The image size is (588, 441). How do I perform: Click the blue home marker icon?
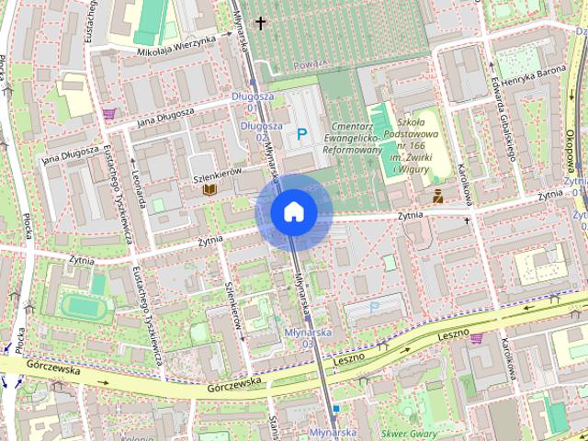click(x=293, y=212)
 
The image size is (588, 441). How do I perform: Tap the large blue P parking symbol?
click(x=302, y=135)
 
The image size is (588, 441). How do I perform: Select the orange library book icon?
click(x=209, y=189)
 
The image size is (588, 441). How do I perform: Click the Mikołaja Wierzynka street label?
click(x=175, y=47)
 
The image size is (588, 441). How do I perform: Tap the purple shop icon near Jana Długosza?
click(x=109, y=114)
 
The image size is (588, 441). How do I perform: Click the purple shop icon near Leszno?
click(x=476, y=338)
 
